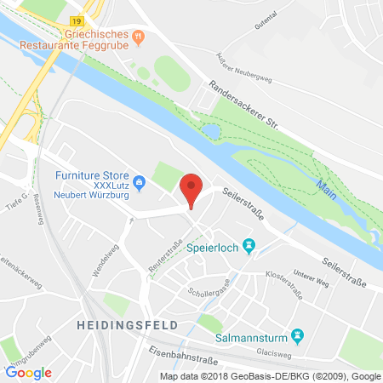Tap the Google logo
click(29, 372)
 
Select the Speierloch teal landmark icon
click(249, 246)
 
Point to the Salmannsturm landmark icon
click(297, 335)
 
